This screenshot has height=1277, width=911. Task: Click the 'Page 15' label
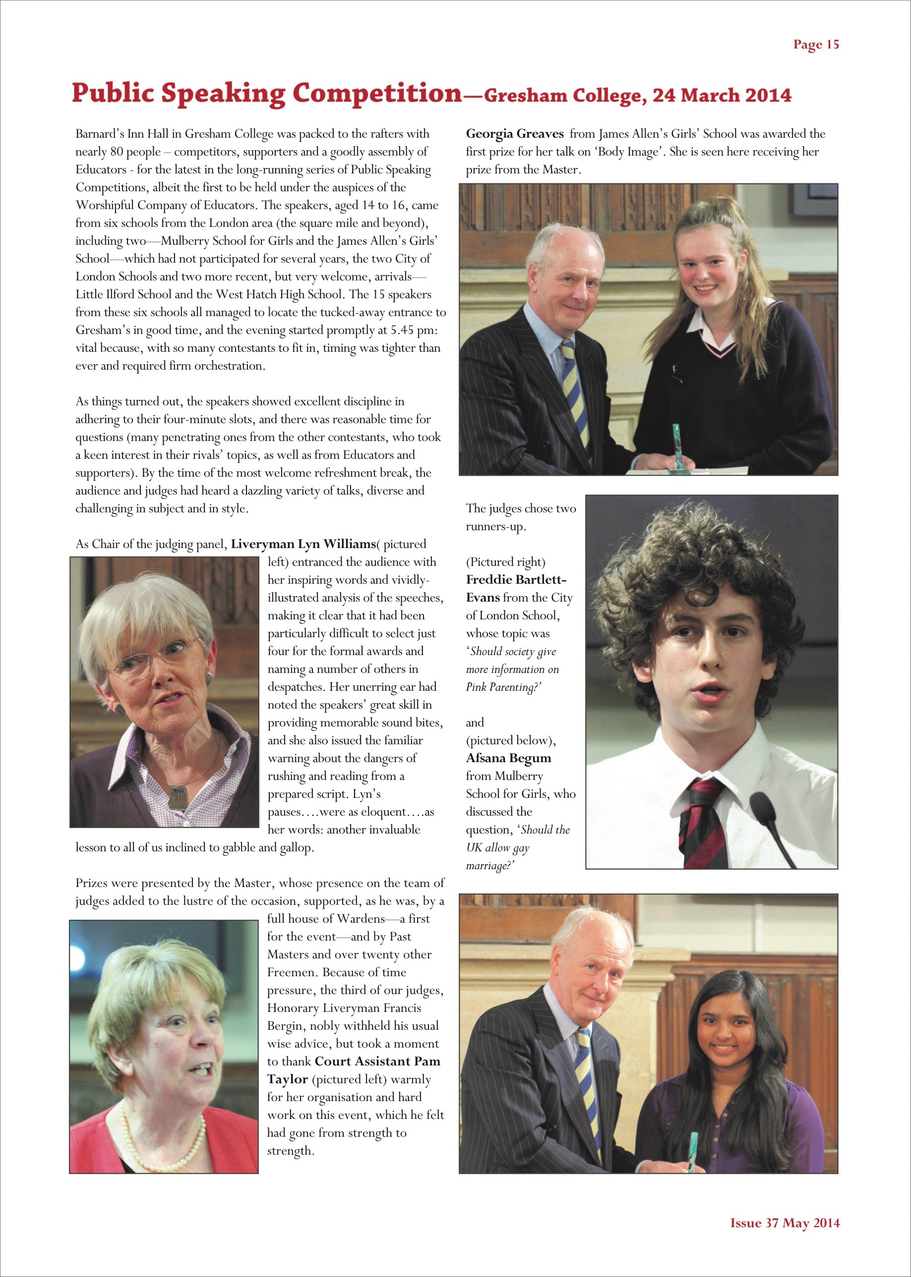(816, 45)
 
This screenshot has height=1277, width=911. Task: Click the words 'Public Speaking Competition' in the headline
(266, 94)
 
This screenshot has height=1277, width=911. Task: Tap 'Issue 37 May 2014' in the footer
(784, 1223)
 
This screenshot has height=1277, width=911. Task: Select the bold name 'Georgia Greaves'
(514, 134)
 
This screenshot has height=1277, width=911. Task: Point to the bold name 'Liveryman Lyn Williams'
(303, 544)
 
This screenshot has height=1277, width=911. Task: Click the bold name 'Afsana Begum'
(508, 758)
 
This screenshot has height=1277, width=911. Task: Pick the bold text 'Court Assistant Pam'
(377, 1061)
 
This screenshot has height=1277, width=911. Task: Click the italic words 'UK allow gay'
(497, 847)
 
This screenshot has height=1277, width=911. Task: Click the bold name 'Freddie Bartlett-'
(516, 580)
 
